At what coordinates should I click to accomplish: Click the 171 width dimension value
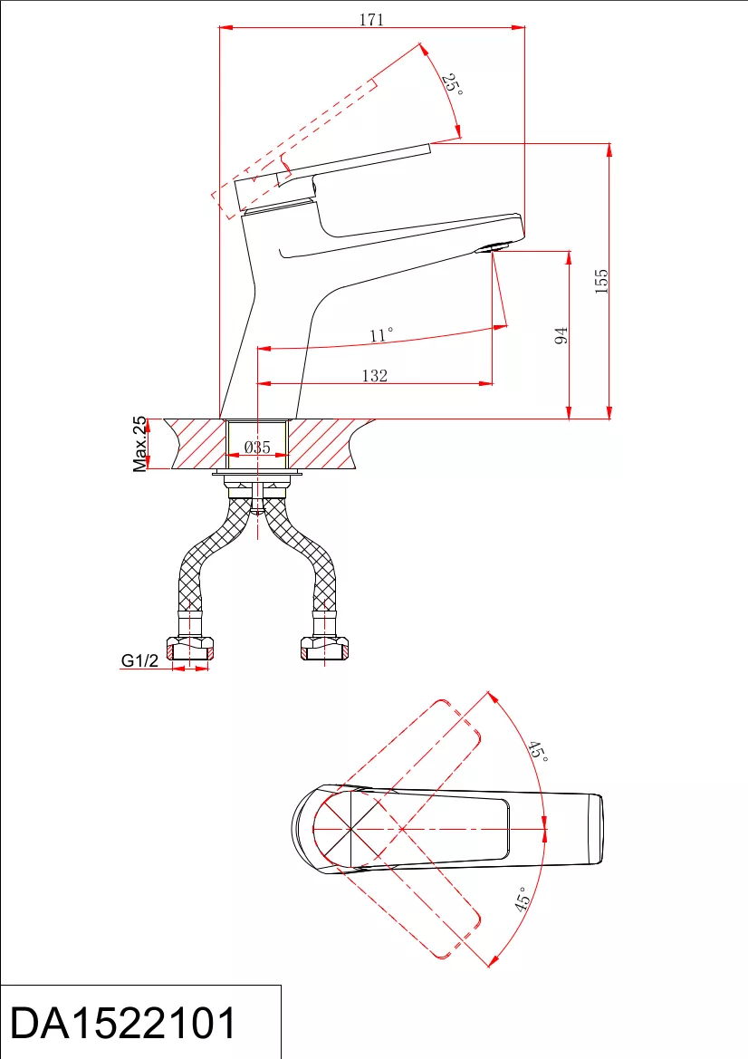tap(371, 20)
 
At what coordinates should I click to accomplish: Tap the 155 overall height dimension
tap(600, 281)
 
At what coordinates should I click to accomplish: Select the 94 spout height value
tap(561, 335)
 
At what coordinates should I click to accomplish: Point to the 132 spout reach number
tap(375, 376)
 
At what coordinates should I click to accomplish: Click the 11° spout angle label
tap(381, 335)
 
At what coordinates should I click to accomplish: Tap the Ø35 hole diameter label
tap(257, 447)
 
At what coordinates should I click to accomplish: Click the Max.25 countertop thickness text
tap(139, 444)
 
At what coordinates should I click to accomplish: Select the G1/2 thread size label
tap(139, 659)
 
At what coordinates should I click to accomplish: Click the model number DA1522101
tap(123, 1023)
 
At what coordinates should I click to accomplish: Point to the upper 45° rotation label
tap(537, 751)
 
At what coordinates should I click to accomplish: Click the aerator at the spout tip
tap(492, 247)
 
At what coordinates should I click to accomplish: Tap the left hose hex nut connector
tap(189, 649)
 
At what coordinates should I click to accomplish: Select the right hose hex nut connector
tap(325, 649)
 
